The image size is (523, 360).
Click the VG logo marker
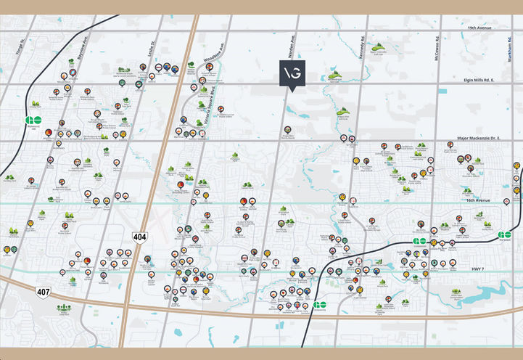(x=292, y=73)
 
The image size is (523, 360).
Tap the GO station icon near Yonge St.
(x=33, y=121)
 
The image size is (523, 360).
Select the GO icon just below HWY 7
(x=321, y=305)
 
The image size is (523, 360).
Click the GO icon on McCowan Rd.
(x=420, y=241)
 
